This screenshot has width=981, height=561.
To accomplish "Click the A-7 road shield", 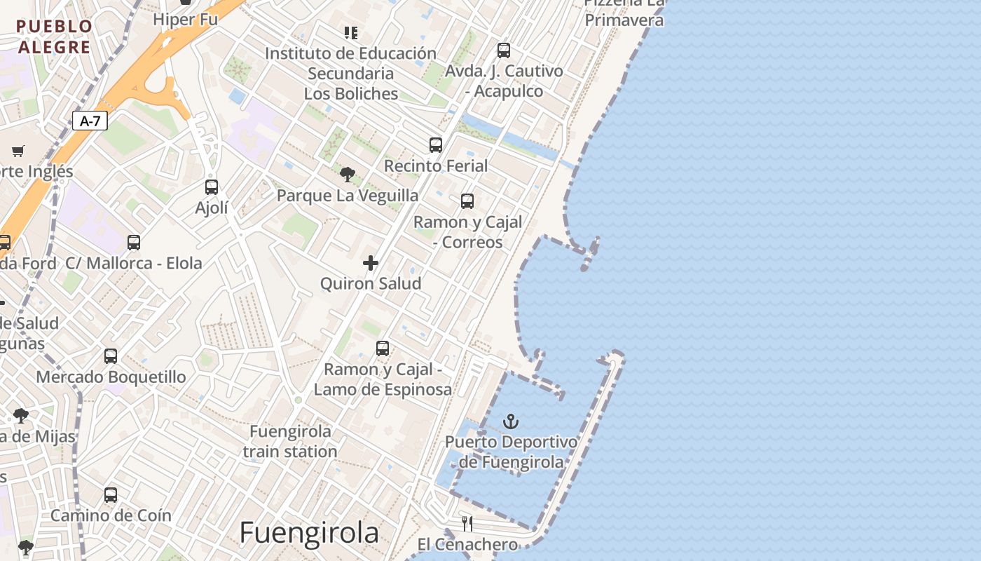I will click(x=90, y=121).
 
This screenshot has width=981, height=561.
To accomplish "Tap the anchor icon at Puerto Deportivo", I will click(x=512, y=421).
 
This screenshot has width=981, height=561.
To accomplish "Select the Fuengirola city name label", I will click(x=309, y=533).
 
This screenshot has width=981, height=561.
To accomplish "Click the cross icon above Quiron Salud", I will click(x=371, y=263).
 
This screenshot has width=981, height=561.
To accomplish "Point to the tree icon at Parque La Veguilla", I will click(x=347, y=175).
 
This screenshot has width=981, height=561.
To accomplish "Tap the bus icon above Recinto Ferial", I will click(x=436, y=145).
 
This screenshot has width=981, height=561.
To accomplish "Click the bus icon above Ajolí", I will click(x=212, y=187).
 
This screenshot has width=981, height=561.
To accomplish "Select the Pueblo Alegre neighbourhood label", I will click(x=55, y=37).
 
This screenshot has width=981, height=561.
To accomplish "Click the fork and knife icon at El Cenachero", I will click(x=467, y=523).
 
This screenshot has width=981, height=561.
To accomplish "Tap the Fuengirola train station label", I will click(x=290, y=441).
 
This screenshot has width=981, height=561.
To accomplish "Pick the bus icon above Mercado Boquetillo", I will click(x=111, y=356).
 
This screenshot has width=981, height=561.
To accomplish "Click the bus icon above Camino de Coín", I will click(x=111, y=494).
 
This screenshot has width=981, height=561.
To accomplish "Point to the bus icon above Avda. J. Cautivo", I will click(x=504, y=50).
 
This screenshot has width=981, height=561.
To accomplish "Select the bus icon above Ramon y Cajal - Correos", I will click(x=467, y=201).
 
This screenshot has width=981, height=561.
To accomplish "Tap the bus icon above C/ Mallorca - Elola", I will click(x=134, y=243).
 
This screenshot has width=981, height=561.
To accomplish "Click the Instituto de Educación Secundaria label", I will click(x=351, y=73).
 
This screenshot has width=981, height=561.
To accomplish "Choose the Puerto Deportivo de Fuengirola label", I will click(x=512, y=452).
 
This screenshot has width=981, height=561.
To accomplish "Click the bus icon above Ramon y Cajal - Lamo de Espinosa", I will click(x=383, y=349).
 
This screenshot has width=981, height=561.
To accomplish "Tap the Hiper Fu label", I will click(x=186, y=20).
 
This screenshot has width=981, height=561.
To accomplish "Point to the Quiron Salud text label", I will click(x=371, y=283).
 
